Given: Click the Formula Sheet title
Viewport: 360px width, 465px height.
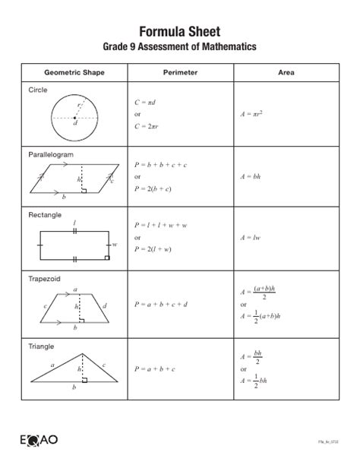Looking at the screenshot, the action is [x=180, y=31].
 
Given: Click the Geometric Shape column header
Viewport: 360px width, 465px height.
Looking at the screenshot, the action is [x=74, y=73].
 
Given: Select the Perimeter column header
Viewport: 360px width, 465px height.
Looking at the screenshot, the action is [x=180, y=73].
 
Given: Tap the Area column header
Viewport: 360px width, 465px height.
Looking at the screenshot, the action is [x=286, y=73].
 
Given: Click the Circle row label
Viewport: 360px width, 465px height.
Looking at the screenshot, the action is [x=38, y=90].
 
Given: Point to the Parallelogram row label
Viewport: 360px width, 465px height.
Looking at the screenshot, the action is [x=51, y=153].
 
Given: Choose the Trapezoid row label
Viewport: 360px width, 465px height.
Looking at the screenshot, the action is [x=44, y=278].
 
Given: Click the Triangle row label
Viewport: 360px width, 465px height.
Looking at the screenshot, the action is [x=42, y=346].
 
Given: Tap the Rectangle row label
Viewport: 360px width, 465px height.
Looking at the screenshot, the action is [x=45, y=215].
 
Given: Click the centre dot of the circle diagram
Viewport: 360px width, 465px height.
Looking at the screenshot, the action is [x=74, y=118].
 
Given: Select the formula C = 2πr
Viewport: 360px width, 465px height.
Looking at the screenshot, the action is [x=150, y=126].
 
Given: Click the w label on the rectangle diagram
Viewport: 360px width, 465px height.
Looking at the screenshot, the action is [x=115, y=245].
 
